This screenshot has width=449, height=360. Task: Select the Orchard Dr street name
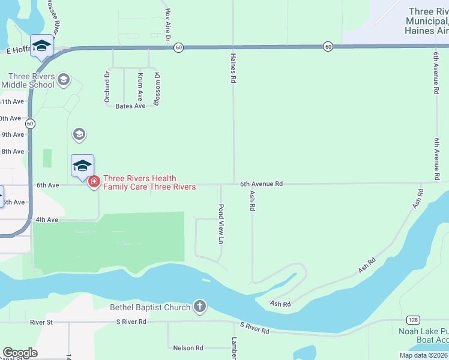click(x=107, y=88)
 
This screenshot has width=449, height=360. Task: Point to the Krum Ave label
click(x=140, y=86)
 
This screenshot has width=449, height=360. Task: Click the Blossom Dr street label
click(x=157, y=89)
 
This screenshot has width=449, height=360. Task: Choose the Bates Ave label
click(x=130, y=106)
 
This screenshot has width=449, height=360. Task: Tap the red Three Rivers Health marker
click(x=94, y=182)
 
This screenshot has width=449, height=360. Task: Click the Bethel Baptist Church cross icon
click(x=200, y=307)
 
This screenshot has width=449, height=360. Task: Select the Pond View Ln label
click(x=221, y=224)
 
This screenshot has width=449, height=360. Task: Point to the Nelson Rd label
click(x=188, y=347)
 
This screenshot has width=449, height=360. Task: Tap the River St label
click(x=42, y=322)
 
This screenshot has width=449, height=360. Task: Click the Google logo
click(x=20, y=353)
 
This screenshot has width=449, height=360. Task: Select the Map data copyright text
click(x=423, y=355)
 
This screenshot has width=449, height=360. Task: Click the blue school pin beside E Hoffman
click(x=41, y=47)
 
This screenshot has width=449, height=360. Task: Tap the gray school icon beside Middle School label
click(x=64, y=79)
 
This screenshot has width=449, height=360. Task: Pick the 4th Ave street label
click(x=46, y=220)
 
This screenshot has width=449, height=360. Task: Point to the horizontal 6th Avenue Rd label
click(x=261, y=184)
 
